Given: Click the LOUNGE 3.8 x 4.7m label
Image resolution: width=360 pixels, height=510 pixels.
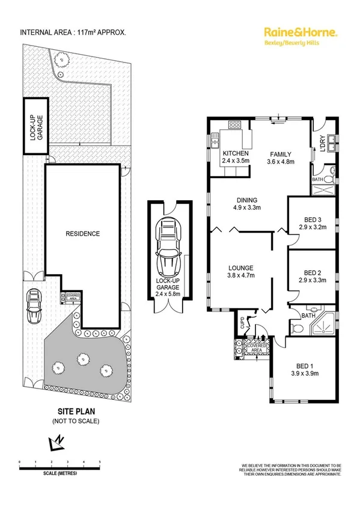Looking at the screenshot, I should point(239,271).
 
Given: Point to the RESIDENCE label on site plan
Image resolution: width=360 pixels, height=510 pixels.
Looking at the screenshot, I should point(82,233).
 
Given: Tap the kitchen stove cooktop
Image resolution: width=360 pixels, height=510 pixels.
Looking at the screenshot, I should point(234,126).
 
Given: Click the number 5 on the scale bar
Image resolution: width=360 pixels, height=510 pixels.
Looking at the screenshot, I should point(100,462).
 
